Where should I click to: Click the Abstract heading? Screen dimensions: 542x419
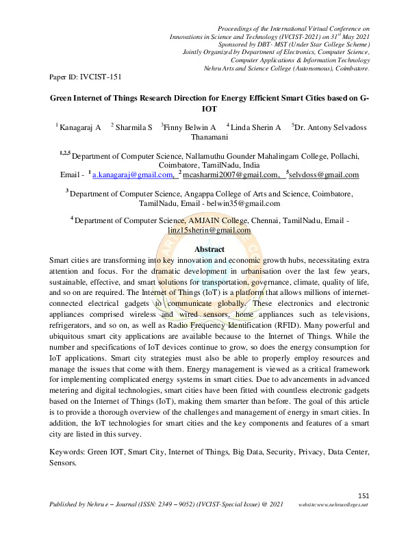pos(209,250)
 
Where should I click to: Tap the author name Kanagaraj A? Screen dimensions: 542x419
pos(81,127)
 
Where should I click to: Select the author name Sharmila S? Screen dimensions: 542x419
pos(134,127)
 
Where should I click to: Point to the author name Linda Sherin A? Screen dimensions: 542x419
pos(257,127)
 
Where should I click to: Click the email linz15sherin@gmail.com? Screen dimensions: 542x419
pos(209,231)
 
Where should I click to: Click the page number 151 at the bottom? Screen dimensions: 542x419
pos(364,495)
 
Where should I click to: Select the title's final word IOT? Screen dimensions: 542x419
pos(209,108)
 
